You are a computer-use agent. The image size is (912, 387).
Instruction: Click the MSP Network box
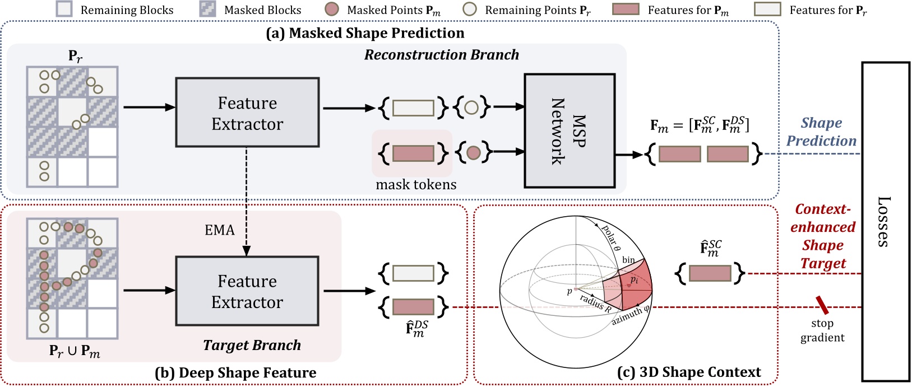pos(569,130)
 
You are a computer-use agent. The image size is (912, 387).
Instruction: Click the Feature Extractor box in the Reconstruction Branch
pos(247,113)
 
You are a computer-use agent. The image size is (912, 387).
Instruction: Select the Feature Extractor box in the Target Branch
pos(247,291)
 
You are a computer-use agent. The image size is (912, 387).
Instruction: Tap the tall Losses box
pos(885,221)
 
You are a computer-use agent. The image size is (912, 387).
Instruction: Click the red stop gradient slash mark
pos(822,305)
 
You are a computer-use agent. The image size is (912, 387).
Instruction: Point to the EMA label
pos(219,230)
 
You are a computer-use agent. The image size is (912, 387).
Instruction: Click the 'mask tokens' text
pos(416,184)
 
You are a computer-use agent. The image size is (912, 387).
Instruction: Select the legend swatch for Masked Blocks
pos(208,10)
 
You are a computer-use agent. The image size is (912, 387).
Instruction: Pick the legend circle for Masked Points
pos(332,10)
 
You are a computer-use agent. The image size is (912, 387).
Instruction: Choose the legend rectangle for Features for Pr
pos(767,10)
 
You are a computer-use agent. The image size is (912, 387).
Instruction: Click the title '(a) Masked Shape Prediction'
pos(365,33)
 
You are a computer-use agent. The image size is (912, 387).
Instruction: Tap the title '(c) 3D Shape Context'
pos(689,372)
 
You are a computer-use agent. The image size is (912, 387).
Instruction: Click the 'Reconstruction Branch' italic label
pos(441,55)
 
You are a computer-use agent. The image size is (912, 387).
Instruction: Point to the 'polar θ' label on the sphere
pos(611,237)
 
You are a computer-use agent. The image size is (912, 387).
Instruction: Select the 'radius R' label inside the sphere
pos(595,303)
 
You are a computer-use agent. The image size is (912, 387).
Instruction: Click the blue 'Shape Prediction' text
pos(821,132)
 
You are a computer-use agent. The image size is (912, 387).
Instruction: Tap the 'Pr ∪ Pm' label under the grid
pos(75,351)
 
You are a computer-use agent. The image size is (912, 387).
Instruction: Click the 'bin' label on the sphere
pos(628,260)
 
